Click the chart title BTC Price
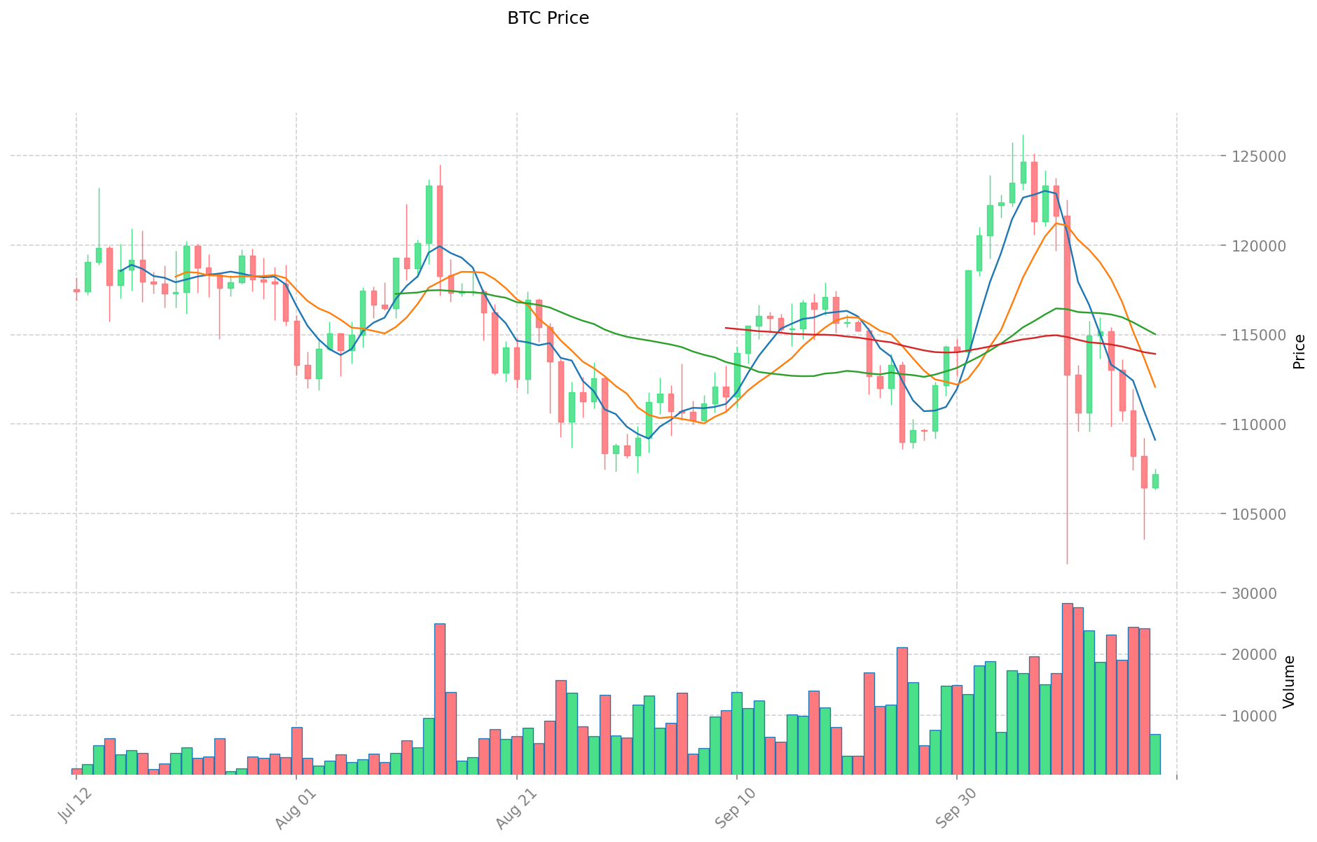point(548,18)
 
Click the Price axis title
point(1299,352)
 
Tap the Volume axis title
point(1289,682)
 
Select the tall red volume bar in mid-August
point(440,698)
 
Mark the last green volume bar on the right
point(1155,754)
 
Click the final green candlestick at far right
point(1155,481)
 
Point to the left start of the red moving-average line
point(726,328)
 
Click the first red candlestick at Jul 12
point(76,291)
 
